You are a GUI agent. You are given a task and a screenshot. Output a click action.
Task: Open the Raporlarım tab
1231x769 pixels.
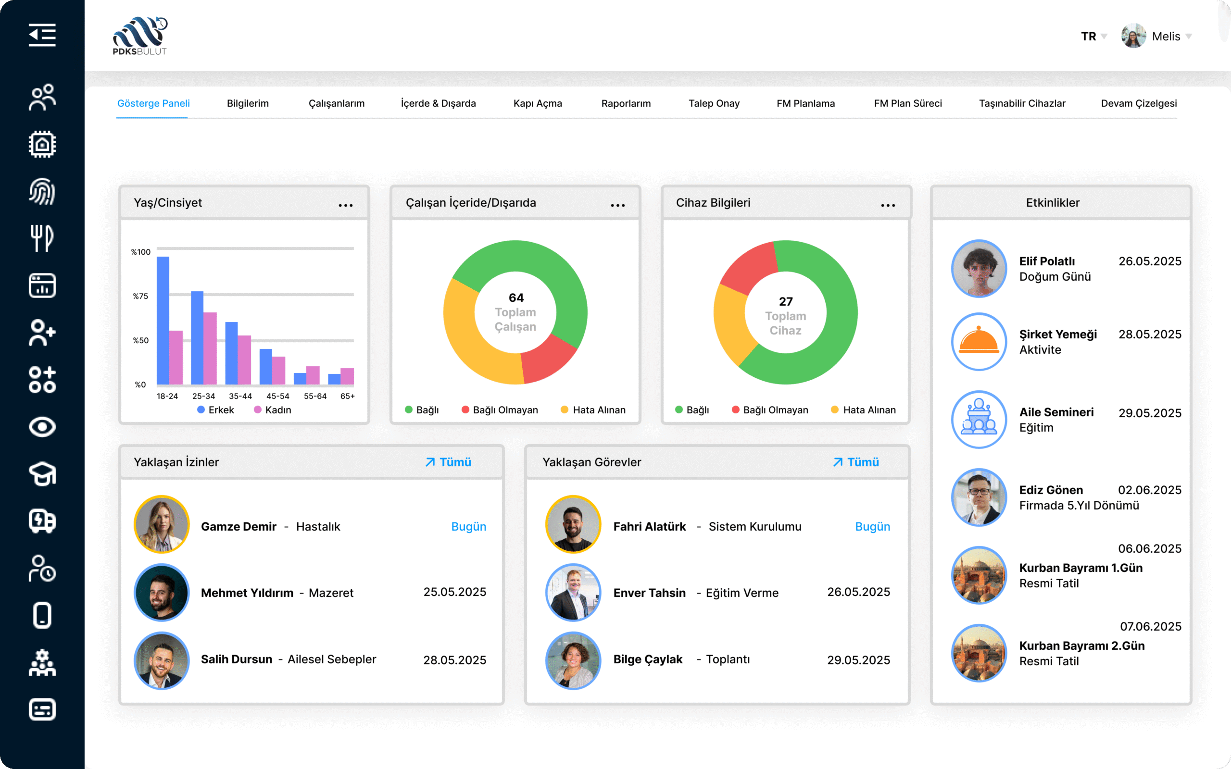click(626, 103)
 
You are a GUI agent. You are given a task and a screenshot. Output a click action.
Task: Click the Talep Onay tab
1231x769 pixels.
click(714, 103)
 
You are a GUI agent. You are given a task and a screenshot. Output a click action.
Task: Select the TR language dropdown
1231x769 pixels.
click(1093, 36)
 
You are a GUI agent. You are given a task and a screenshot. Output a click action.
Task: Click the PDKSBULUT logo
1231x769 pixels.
click(140, 36)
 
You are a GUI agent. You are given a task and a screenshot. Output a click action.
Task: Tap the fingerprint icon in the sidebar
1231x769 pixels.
click(42, 192)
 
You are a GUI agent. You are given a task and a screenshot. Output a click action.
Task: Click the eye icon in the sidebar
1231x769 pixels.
click(42, 427)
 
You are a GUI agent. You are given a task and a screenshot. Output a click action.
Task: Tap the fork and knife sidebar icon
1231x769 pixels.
click(42, 238)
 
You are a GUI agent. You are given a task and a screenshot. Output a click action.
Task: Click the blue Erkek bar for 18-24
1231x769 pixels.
click(163, 321)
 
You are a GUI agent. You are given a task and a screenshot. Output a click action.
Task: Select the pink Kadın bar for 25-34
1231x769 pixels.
click(210, 348)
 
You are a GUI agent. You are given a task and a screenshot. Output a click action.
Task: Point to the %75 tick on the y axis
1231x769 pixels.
click(140, 296)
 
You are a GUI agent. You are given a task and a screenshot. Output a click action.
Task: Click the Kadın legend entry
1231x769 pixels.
click(273, 410)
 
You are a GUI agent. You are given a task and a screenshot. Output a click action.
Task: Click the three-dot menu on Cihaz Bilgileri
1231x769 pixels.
click(888, 205)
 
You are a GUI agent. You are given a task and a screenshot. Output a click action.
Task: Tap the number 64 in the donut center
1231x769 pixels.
click(516, 298)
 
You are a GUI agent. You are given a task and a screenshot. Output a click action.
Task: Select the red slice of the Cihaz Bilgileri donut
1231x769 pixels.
click(748, 267)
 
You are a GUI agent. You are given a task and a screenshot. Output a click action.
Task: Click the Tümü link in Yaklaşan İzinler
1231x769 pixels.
click(449, 462)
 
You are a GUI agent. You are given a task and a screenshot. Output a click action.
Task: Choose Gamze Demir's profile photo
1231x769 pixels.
click(162, 524)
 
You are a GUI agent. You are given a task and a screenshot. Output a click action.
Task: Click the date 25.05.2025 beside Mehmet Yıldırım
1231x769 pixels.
click(455, 592)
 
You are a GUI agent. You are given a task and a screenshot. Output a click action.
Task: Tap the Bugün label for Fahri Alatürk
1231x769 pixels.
click(872, 526)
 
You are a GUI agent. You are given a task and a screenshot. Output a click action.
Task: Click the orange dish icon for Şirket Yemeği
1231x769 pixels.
click(979, 341)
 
